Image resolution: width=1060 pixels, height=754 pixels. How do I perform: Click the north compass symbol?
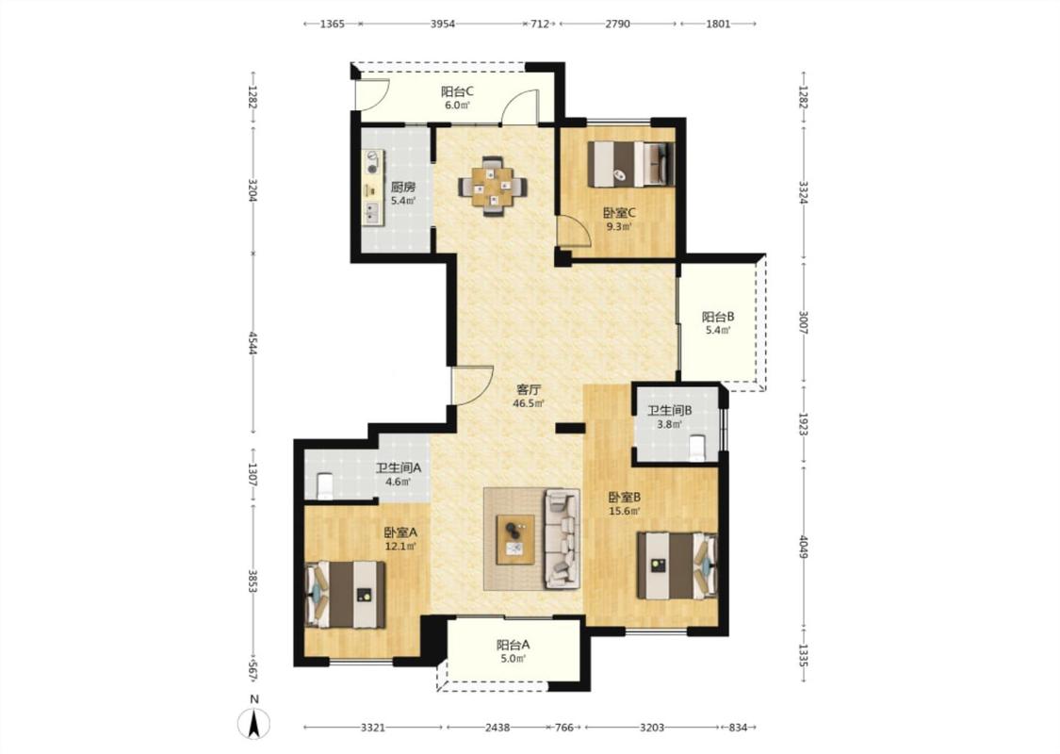pyautogui.click(x=253, y=724)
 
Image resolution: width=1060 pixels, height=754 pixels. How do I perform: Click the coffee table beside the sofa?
pyautogui.click(x=515, y=539)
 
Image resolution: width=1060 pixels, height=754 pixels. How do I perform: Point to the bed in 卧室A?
pyautogui.click(x=346, y=594)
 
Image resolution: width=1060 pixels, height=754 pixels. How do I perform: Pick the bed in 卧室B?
pyautogui.click(x=677, y=566)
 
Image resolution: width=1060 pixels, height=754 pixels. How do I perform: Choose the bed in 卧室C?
pyautogui.click(x=630, y=164)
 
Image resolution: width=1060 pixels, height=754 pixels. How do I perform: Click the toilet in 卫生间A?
pyautogui.click(x=325, y=484)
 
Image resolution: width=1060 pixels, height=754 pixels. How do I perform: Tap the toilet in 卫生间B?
pyautogui.click(x=696, y=448)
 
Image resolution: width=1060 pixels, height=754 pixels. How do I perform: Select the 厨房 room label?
pyautogui.click(x=403, y=188)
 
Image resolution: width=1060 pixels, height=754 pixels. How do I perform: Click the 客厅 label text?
pyautogui.click(x=529, y=389)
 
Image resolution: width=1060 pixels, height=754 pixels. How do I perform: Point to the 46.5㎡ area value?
pyautogui.click(x=529, y=403)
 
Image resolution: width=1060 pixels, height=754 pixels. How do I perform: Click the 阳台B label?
pyautogui.click(x=718, y=317)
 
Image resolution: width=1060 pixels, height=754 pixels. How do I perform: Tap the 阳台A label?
pyautogui.click(x=514, y=645)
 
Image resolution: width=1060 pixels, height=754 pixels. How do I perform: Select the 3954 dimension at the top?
pyautogui.click(x=443, y=24)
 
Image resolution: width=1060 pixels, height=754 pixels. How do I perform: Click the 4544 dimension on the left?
pyautogui.click(x=253, y=343)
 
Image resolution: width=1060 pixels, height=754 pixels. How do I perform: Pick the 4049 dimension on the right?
pyautogui.click(x=803, y=547)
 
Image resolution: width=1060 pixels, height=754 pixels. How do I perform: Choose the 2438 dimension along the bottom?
pyautogui.click(x=497, y=728)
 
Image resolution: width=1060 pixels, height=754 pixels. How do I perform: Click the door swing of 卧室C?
pyautogui.click(x=572, y=230)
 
